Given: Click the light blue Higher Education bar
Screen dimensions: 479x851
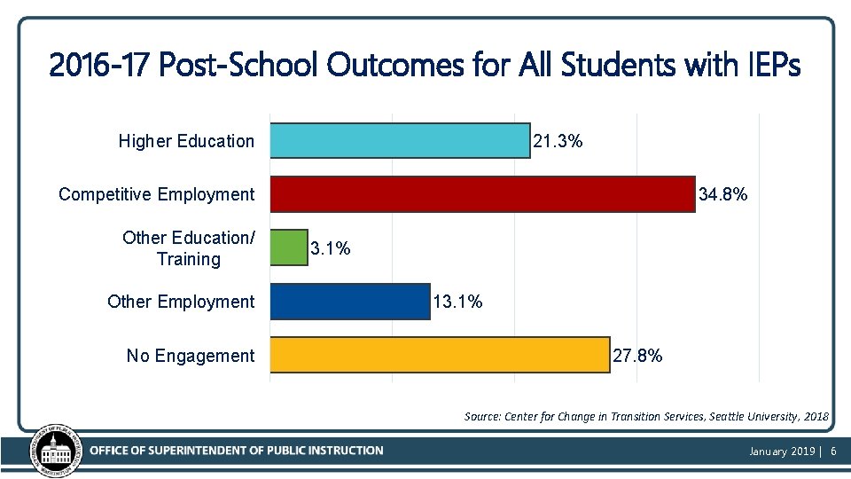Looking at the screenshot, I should (400, 141).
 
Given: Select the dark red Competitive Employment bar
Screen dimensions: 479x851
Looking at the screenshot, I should (482, 194).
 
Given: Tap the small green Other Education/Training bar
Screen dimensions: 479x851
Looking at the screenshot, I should (288, 248).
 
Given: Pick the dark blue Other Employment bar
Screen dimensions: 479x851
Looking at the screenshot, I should (349, 302).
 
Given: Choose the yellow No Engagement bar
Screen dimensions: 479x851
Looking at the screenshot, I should (440, 355).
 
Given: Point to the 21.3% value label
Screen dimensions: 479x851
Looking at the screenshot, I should (558, 141).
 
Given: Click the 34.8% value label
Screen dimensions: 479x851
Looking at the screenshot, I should (723, 194).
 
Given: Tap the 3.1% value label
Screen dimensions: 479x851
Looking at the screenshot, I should (331, 249).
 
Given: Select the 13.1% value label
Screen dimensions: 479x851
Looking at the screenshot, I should (457, 302).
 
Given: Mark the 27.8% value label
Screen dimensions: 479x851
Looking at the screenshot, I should (637, 356).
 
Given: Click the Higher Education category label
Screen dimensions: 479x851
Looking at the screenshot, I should (186, 141).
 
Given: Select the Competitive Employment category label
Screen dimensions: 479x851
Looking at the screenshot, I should (156, 194).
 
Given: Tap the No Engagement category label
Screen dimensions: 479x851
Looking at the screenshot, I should (190, 356).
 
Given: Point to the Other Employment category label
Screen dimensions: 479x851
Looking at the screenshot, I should (180, 302).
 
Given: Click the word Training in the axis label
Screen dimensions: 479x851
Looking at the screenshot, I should (188, 259).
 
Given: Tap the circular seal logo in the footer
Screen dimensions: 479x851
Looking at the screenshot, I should (56, 449).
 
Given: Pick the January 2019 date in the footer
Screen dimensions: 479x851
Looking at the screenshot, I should (782, 452).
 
